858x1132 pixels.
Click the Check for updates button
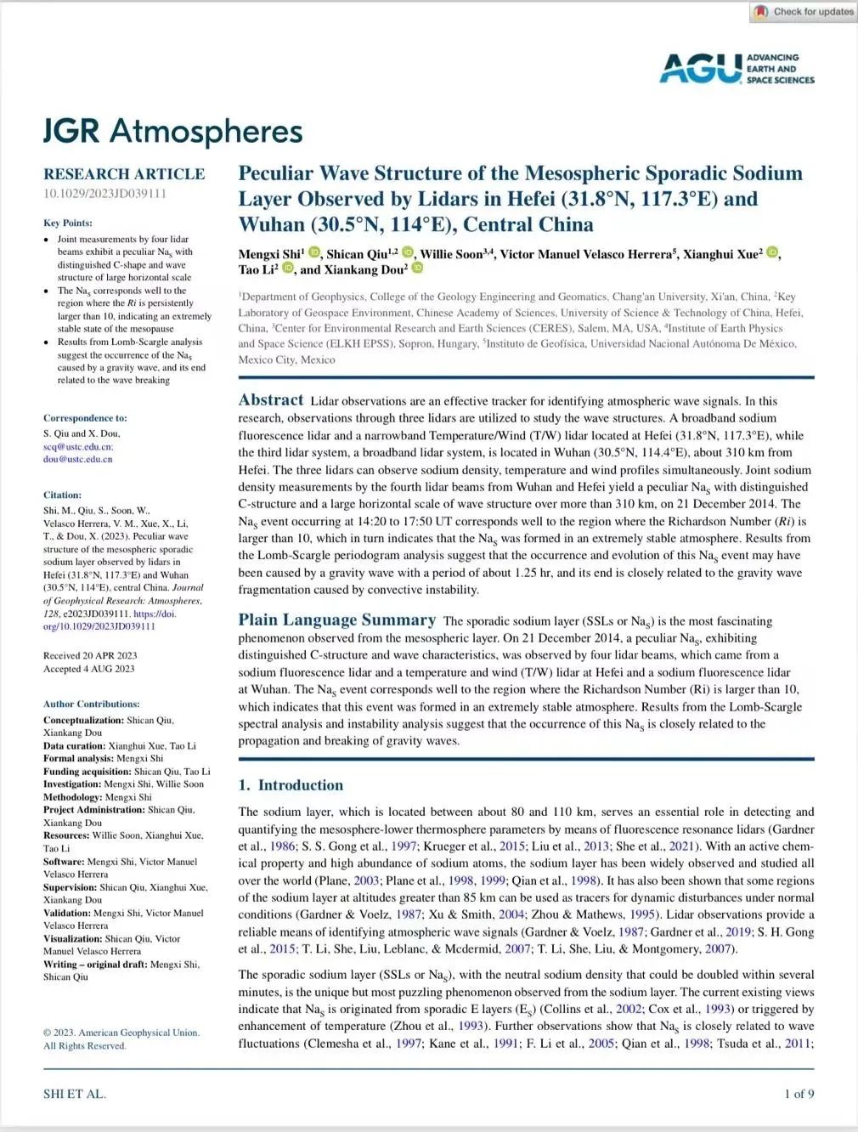coord(804,12)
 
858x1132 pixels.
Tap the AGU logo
coord(737,68)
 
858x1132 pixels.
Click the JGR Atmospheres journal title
coord(173,131)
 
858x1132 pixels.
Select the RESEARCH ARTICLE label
coord(124,174)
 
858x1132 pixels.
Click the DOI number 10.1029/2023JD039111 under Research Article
coord(104,194)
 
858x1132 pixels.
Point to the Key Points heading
coord(68,224)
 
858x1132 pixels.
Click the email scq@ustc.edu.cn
coord(77,446)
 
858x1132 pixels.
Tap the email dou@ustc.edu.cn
coord(77,459)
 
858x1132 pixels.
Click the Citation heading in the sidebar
coord(62,495)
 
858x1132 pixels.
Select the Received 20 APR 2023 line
coord(90,655)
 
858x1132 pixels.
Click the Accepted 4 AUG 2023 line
coord(89,669)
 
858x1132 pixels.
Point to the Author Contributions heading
coord(92,704)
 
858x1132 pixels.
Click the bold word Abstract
coord(270,400)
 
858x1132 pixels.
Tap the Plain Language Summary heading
coord(336,620)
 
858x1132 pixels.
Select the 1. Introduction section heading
coord(291,785)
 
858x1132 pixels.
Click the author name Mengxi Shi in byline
coord(270,254)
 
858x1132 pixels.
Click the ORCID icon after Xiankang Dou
coord(417,269)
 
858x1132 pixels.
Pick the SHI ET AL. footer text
coord(75,1094)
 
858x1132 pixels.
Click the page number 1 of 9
coord(799,1094)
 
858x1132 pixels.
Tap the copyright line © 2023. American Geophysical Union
coord(121,1033)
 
